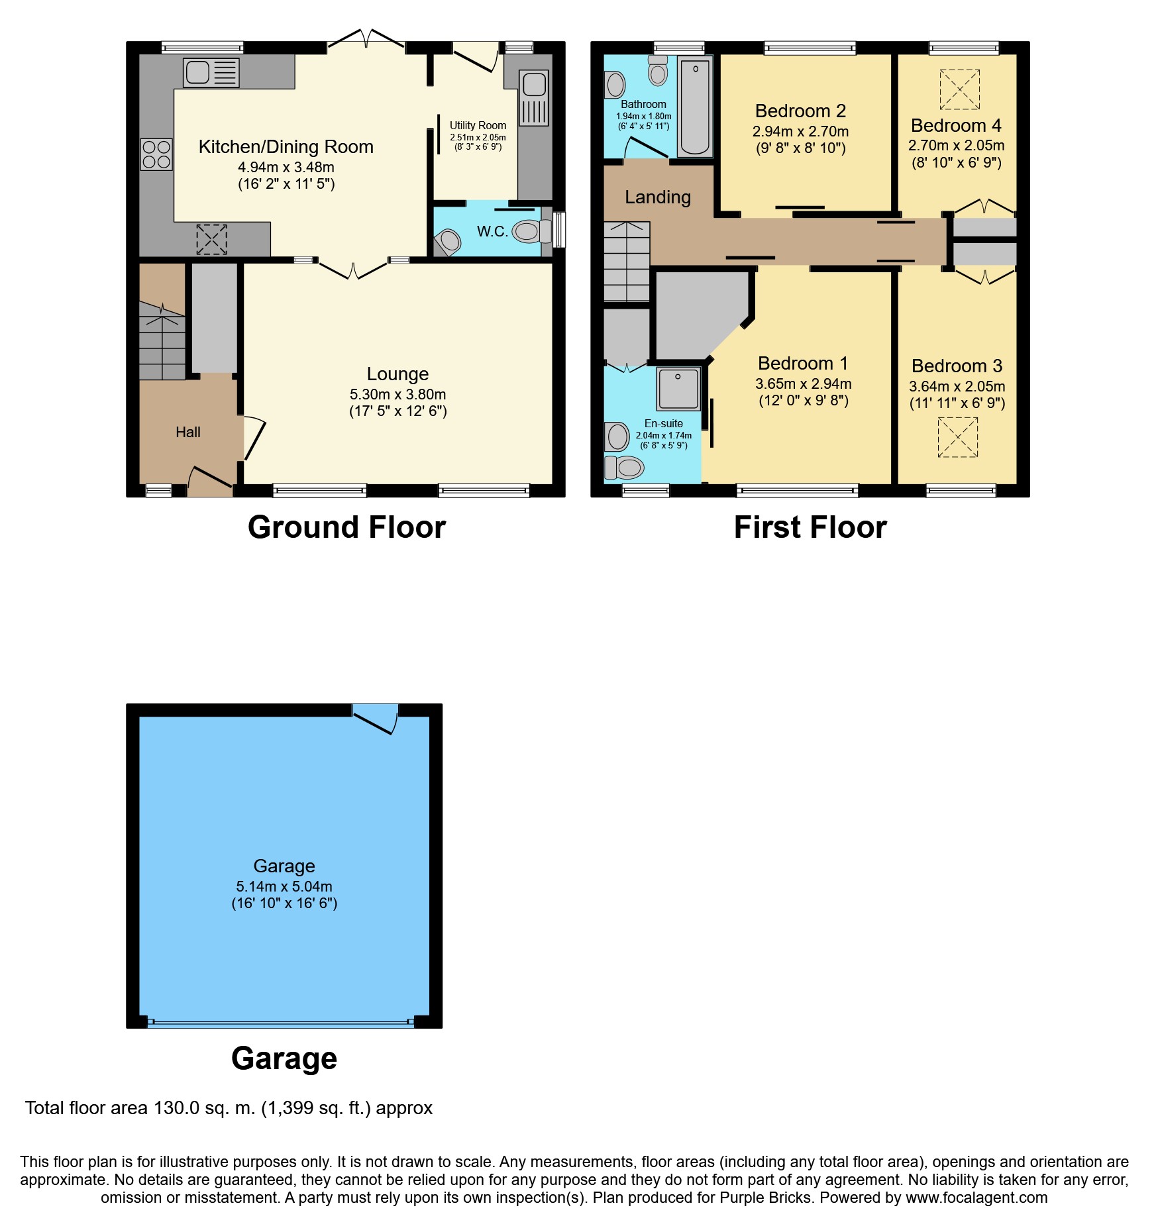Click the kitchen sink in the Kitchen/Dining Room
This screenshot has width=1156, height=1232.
tap(211, 73)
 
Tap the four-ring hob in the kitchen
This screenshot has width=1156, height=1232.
tap(156, 154)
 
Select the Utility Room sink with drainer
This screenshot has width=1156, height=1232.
tap(534, 97)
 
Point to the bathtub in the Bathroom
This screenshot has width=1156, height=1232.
tap(695, 107)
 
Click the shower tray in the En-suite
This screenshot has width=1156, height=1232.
tap(678, 389)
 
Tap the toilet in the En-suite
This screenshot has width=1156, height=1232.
tap(623, 468)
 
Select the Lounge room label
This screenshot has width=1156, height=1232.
tap(397, 374)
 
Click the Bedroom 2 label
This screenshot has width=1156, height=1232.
tap(800, 111)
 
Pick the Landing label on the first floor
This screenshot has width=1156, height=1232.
tap(658, 197)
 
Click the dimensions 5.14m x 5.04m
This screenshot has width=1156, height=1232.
tap(284, 886)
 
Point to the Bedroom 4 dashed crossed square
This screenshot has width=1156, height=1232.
tap(959, 89)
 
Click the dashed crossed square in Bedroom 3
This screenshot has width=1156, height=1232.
tap(958, 437)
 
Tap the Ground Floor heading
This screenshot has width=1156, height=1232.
tap(346, 527)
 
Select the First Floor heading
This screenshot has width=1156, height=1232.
tap(810, 527)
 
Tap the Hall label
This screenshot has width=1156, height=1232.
tap(188, 433)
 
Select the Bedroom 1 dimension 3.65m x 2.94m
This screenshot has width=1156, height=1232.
tap(804, 384)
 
